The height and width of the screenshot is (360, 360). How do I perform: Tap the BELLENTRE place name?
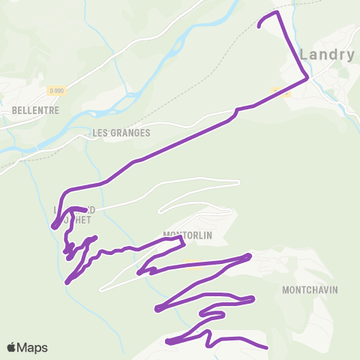(x=35, y=109)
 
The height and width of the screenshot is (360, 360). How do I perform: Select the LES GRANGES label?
(x=121, y=133)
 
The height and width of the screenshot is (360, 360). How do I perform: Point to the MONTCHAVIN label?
(x=310, y=289)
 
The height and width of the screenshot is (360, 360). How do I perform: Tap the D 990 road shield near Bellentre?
(x=55, y=91)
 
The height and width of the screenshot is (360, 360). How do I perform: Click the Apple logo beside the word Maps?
(x=12, y=347)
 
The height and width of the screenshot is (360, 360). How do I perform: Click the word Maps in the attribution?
(x=32, y=347)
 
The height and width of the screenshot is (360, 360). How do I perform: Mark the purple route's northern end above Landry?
(x=259, y=27)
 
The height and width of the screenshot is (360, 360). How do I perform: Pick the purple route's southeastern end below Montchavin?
(x=266, y=347)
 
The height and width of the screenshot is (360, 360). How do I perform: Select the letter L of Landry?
(x=304, y=54)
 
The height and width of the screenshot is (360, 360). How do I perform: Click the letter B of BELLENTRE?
(x=15, y=109)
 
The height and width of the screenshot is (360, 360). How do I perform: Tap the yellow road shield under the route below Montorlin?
(x=192, y=263)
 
